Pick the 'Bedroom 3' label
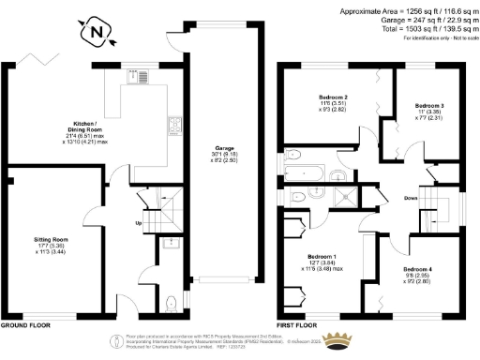pyautogui.click(x=429, y=105)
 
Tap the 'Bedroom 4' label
pyautogui.click(x=418, y=269)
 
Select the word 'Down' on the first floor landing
pyautogui.click(x=411, y=199)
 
